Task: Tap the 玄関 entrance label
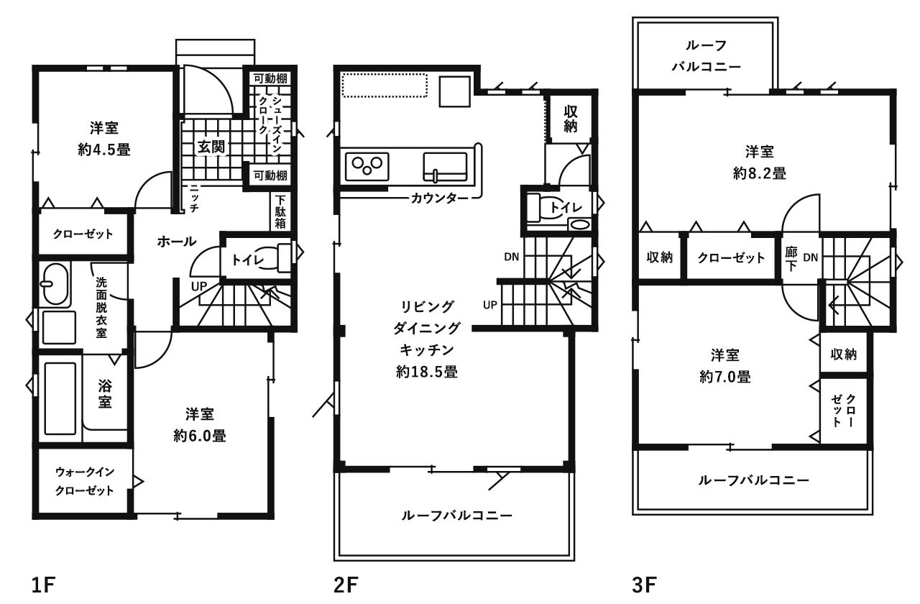(x=212, y=147)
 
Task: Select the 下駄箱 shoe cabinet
(x=280, y=212)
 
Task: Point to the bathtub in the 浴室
(x=60, y=397)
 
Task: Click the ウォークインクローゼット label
(x=85, y=482)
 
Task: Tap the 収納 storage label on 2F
(x=571, y=119)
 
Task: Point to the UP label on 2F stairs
(x=490, y=305)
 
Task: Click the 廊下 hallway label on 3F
(x=792, y=257)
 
